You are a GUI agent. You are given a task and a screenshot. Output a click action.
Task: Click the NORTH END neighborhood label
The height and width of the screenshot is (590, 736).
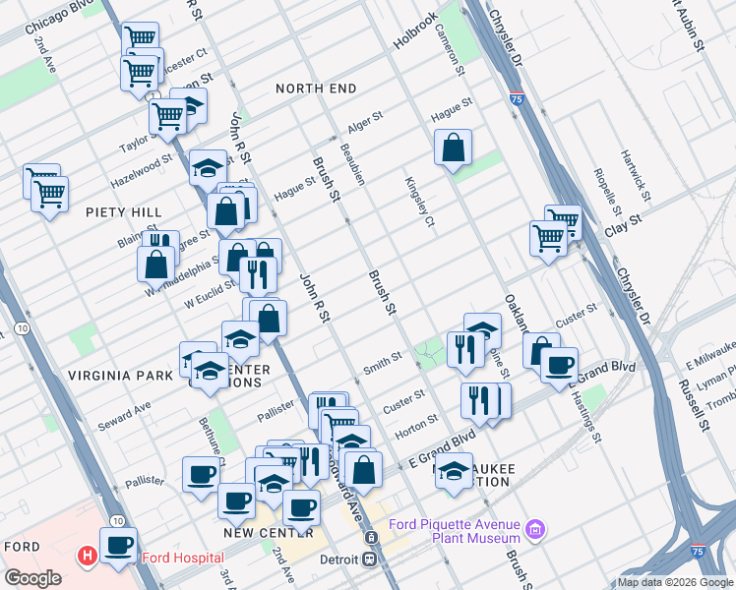point(316,88)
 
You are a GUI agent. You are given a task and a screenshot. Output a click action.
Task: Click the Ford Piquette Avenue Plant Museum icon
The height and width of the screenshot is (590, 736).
point(535,530)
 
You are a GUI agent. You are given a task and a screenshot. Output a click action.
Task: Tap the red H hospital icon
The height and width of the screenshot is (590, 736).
point(89,558)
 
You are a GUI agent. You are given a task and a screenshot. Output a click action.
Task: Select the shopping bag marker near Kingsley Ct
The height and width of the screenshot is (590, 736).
point(453,148)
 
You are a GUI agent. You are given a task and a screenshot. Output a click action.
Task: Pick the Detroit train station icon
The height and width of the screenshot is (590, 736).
point(371,538)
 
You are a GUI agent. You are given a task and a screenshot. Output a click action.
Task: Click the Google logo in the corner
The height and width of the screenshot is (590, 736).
point(32,577)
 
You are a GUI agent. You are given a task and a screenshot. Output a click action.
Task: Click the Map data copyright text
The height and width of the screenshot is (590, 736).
point(674,581)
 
